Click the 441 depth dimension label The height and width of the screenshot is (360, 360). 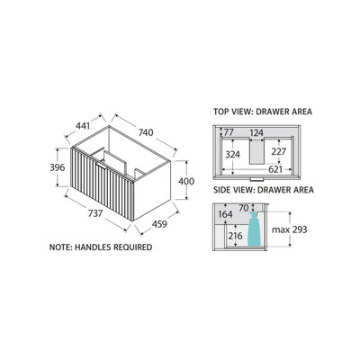pyautogui.click(x=83, y=126)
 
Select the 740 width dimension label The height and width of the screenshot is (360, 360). pyautogui.click(x=146, y=132)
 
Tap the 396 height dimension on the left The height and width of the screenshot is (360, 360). pyautogui.click(x=58, y=167)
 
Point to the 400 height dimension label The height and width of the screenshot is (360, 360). pyautogui.click(x=186, y=181)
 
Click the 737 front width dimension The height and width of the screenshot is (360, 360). pyautogui.click(x=95, y=213)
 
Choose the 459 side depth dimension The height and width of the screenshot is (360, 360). pyautogui.click(x=159, y=224)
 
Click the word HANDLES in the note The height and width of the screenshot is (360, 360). pyautogui.click(x=93, y=247)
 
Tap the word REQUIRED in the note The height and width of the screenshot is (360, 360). pyautogui.click(x=133, y=247)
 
